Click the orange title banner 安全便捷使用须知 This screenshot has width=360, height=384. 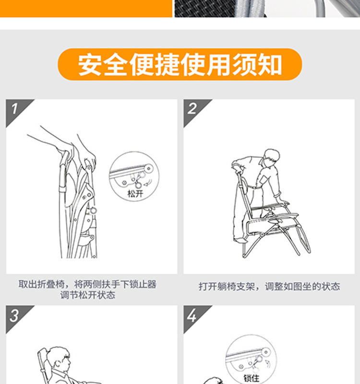click(180, 64)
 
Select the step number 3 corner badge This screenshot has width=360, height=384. click(16, 316)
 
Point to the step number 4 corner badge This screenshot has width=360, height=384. click(193, 316)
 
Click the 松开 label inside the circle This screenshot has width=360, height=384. click(135, 194)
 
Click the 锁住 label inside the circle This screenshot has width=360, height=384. click(252, 378)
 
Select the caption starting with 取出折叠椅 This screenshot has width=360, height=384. click(87, 290)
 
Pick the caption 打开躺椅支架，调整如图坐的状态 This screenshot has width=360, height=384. click(269, 286)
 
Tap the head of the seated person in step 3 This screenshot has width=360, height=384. click(59, 359)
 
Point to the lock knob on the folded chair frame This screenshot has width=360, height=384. click(93, 210)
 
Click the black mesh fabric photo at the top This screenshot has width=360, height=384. click(205, 9)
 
